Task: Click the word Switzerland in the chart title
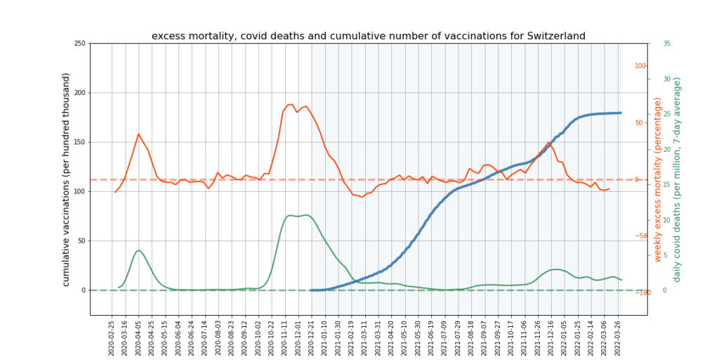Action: point(551,36)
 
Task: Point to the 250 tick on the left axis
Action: point(79,44)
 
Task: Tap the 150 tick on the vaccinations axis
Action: point(79,142)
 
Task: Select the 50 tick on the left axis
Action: point(81,240)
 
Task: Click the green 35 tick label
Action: point(666,44)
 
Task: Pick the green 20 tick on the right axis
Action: point(666,149)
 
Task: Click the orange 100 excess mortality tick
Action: point(640,66)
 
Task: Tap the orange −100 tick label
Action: point(639,292)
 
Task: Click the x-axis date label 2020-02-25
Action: point(112,337)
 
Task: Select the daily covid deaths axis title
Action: point(678,179)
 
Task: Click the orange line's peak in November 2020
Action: point(290,104)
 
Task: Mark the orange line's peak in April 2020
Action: point(138,134)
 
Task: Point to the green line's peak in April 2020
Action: point(138,250)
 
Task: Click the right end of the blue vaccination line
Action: point(621,112)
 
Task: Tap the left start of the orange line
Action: point(115,192)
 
